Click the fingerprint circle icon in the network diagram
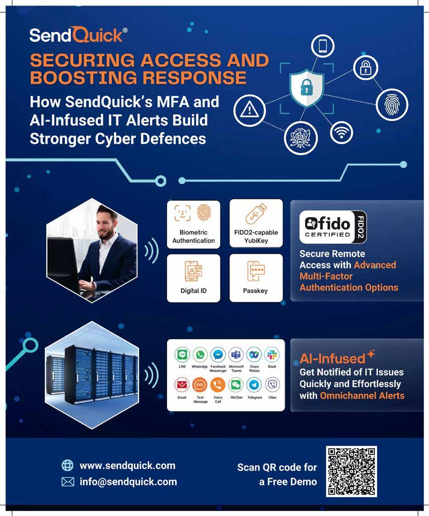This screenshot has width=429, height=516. pos(391,106)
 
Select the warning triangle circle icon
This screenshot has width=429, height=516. pos(249,109)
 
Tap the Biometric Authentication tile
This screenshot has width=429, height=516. pos(193,224)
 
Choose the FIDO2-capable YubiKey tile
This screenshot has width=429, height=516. pos(256,224)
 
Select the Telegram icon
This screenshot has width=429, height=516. pos(254,385)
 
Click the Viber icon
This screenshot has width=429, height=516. pos(272,385)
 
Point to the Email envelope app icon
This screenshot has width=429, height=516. pos(182,385)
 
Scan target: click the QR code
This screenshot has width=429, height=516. pos(351,471)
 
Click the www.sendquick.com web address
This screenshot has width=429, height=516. pos(127,466)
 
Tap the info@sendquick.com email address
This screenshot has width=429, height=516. pos(128,482)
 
